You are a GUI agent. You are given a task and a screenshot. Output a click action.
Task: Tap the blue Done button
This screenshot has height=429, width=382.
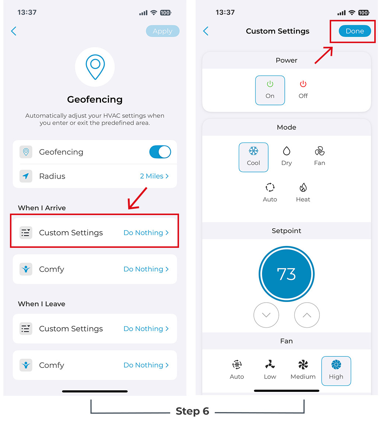355,31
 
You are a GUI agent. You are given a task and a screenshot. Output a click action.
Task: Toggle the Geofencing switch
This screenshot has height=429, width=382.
160,152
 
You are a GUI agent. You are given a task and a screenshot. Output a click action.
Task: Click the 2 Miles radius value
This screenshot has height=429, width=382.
154,176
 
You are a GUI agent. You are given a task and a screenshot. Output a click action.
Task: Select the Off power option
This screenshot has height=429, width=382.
303,90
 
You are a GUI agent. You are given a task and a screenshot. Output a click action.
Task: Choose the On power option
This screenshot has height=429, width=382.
270,90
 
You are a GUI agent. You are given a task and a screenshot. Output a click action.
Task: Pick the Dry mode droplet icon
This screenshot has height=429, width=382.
287,151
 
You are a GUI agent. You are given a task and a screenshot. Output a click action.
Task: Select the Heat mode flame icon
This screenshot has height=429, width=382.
303,187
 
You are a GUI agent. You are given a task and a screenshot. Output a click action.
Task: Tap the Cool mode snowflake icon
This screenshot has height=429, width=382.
253,151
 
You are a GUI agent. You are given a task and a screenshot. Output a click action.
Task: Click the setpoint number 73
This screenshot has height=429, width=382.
287,274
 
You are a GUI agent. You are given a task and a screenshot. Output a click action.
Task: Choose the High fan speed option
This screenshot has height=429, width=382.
336,371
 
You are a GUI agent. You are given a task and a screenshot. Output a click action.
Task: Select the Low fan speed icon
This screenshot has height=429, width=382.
270,365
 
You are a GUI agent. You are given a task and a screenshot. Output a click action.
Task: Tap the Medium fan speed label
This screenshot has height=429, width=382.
303,377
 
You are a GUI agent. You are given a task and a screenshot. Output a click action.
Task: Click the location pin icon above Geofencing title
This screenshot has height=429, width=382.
95,67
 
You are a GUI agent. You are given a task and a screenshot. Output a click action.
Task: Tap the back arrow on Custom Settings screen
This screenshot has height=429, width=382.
206,31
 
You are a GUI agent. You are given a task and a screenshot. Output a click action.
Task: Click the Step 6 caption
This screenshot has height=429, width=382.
192,411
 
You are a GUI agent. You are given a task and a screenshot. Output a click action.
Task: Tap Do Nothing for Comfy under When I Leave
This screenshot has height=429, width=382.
146,365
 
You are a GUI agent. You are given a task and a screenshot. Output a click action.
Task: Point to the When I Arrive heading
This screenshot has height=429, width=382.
42,208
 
